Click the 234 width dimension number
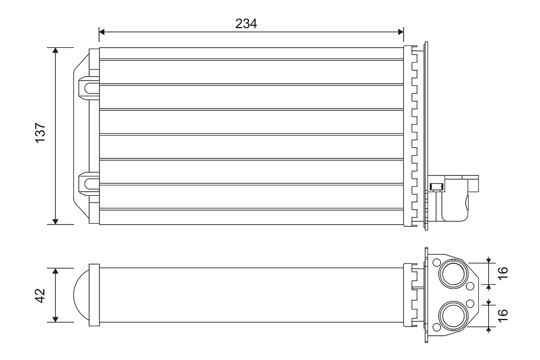[246, 23]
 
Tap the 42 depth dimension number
[41, 295]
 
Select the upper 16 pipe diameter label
[503, 273]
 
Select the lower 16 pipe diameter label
[503, 315]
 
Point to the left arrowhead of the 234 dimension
[102, 31]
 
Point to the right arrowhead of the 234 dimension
[400, 31]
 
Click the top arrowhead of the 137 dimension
[55, 50]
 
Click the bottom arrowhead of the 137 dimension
[55, 220]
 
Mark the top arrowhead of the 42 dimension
[55, 271]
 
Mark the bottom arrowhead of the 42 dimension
[55, 319]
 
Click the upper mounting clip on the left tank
[87, 87]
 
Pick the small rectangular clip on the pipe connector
[436, 186]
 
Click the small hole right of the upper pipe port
[470, 286]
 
